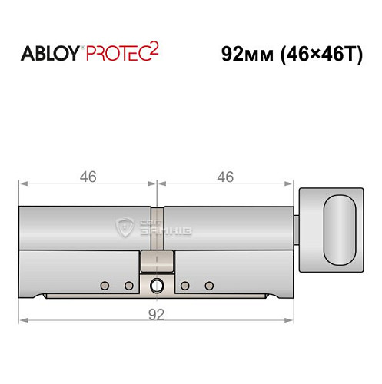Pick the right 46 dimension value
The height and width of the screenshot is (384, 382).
coord(225,177)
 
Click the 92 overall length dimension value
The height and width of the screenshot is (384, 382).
coord(157,313)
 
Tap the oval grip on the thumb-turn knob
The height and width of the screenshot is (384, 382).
coord(340,229)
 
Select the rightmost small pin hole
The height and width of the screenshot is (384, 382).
coord(209,286)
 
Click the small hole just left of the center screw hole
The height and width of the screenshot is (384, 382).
coord(128,286)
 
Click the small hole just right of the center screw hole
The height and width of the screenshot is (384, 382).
coord(185,286)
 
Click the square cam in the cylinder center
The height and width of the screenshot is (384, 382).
coord(157,263)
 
